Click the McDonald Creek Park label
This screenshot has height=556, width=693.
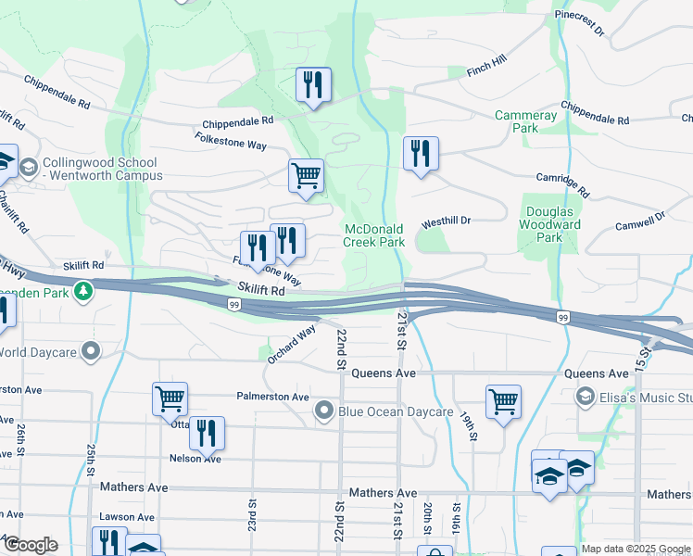[x=374, y=235]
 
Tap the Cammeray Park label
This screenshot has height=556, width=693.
[x=526, y=121]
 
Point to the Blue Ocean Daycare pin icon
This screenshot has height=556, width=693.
[x=323, y=411]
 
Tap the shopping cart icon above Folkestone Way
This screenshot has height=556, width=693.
[x=306, y=176]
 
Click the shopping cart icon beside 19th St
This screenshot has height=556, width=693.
[x=503, y=402]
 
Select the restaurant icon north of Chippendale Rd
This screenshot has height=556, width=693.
[x=313, y=86]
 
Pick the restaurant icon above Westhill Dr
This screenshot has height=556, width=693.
[x=421, y=154]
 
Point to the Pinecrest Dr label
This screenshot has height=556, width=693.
[x=579, y=23]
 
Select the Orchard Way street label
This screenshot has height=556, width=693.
[x=292, y=343]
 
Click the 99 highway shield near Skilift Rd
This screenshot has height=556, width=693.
[x=234, y=304]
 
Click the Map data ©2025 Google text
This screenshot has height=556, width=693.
[x=635, y=549]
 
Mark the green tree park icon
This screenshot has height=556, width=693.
[x=84, y=292]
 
